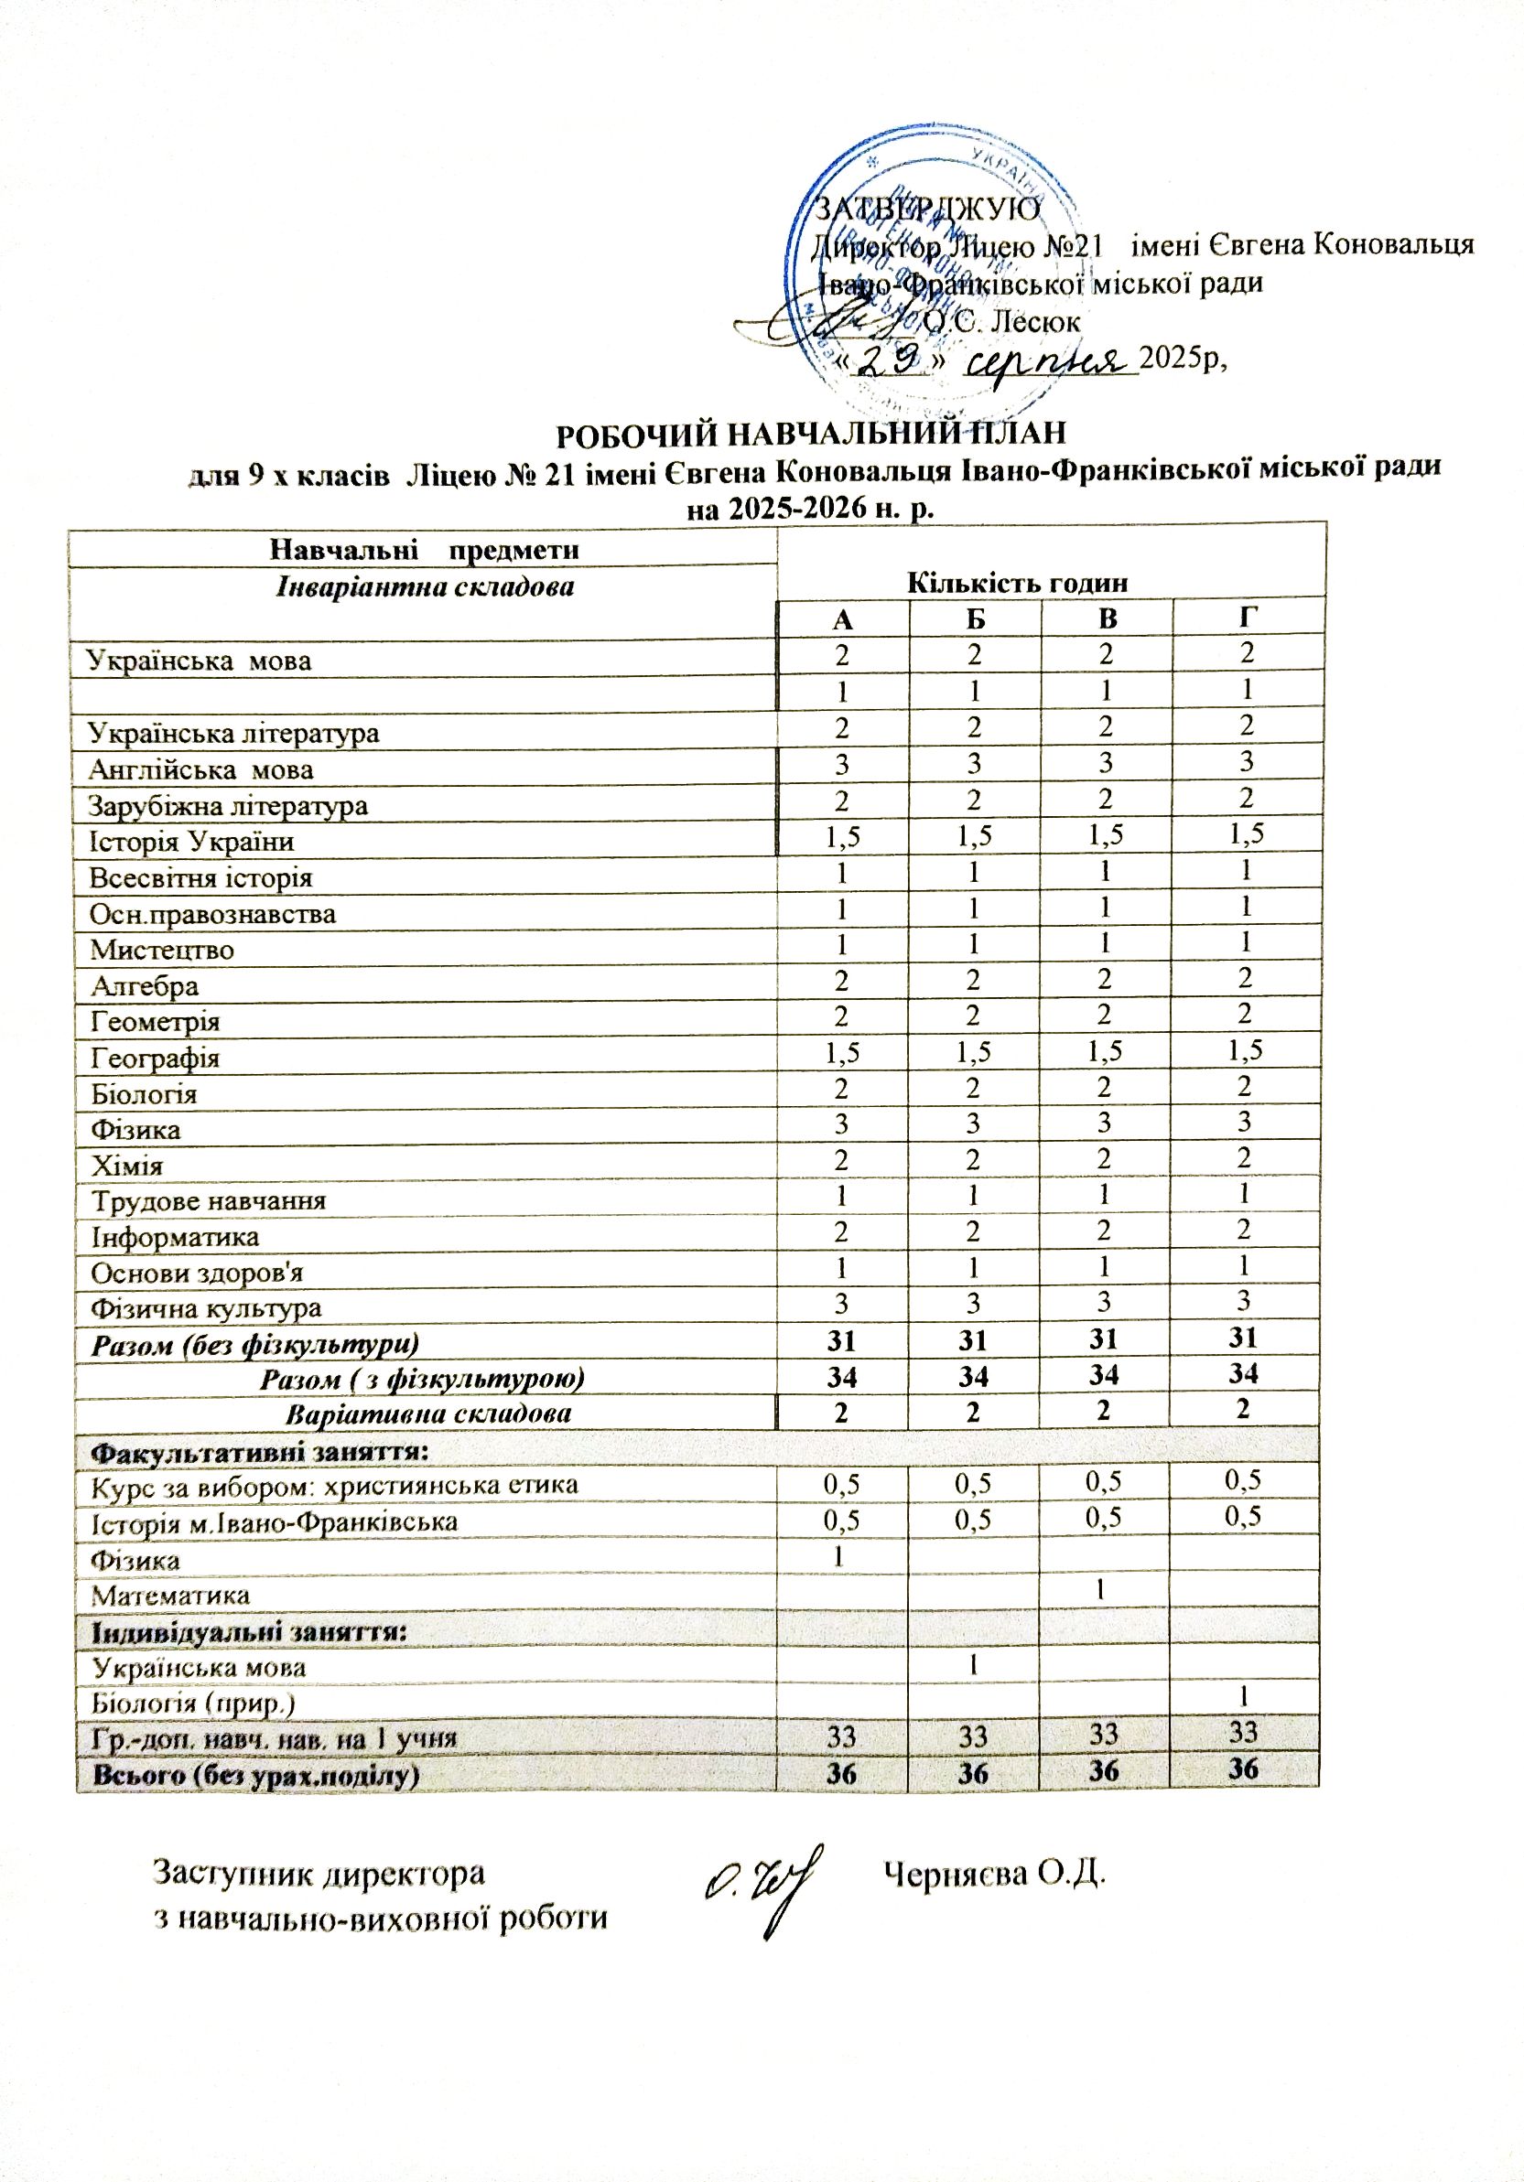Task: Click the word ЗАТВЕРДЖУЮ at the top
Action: click(x=930, y=207)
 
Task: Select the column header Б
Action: click(x=975, y=618)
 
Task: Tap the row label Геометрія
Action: click(x=155, y=1022)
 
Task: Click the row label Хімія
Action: click(x=126, y=1166)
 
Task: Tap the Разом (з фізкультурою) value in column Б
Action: click(x=974, y=1375)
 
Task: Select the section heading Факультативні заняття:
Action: click(x=259, y=1452)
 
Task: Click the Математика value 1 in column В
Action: click(x=1101, y=1589)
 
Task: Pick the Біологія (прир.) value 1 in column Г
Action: click(x=1244, y=1695)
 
